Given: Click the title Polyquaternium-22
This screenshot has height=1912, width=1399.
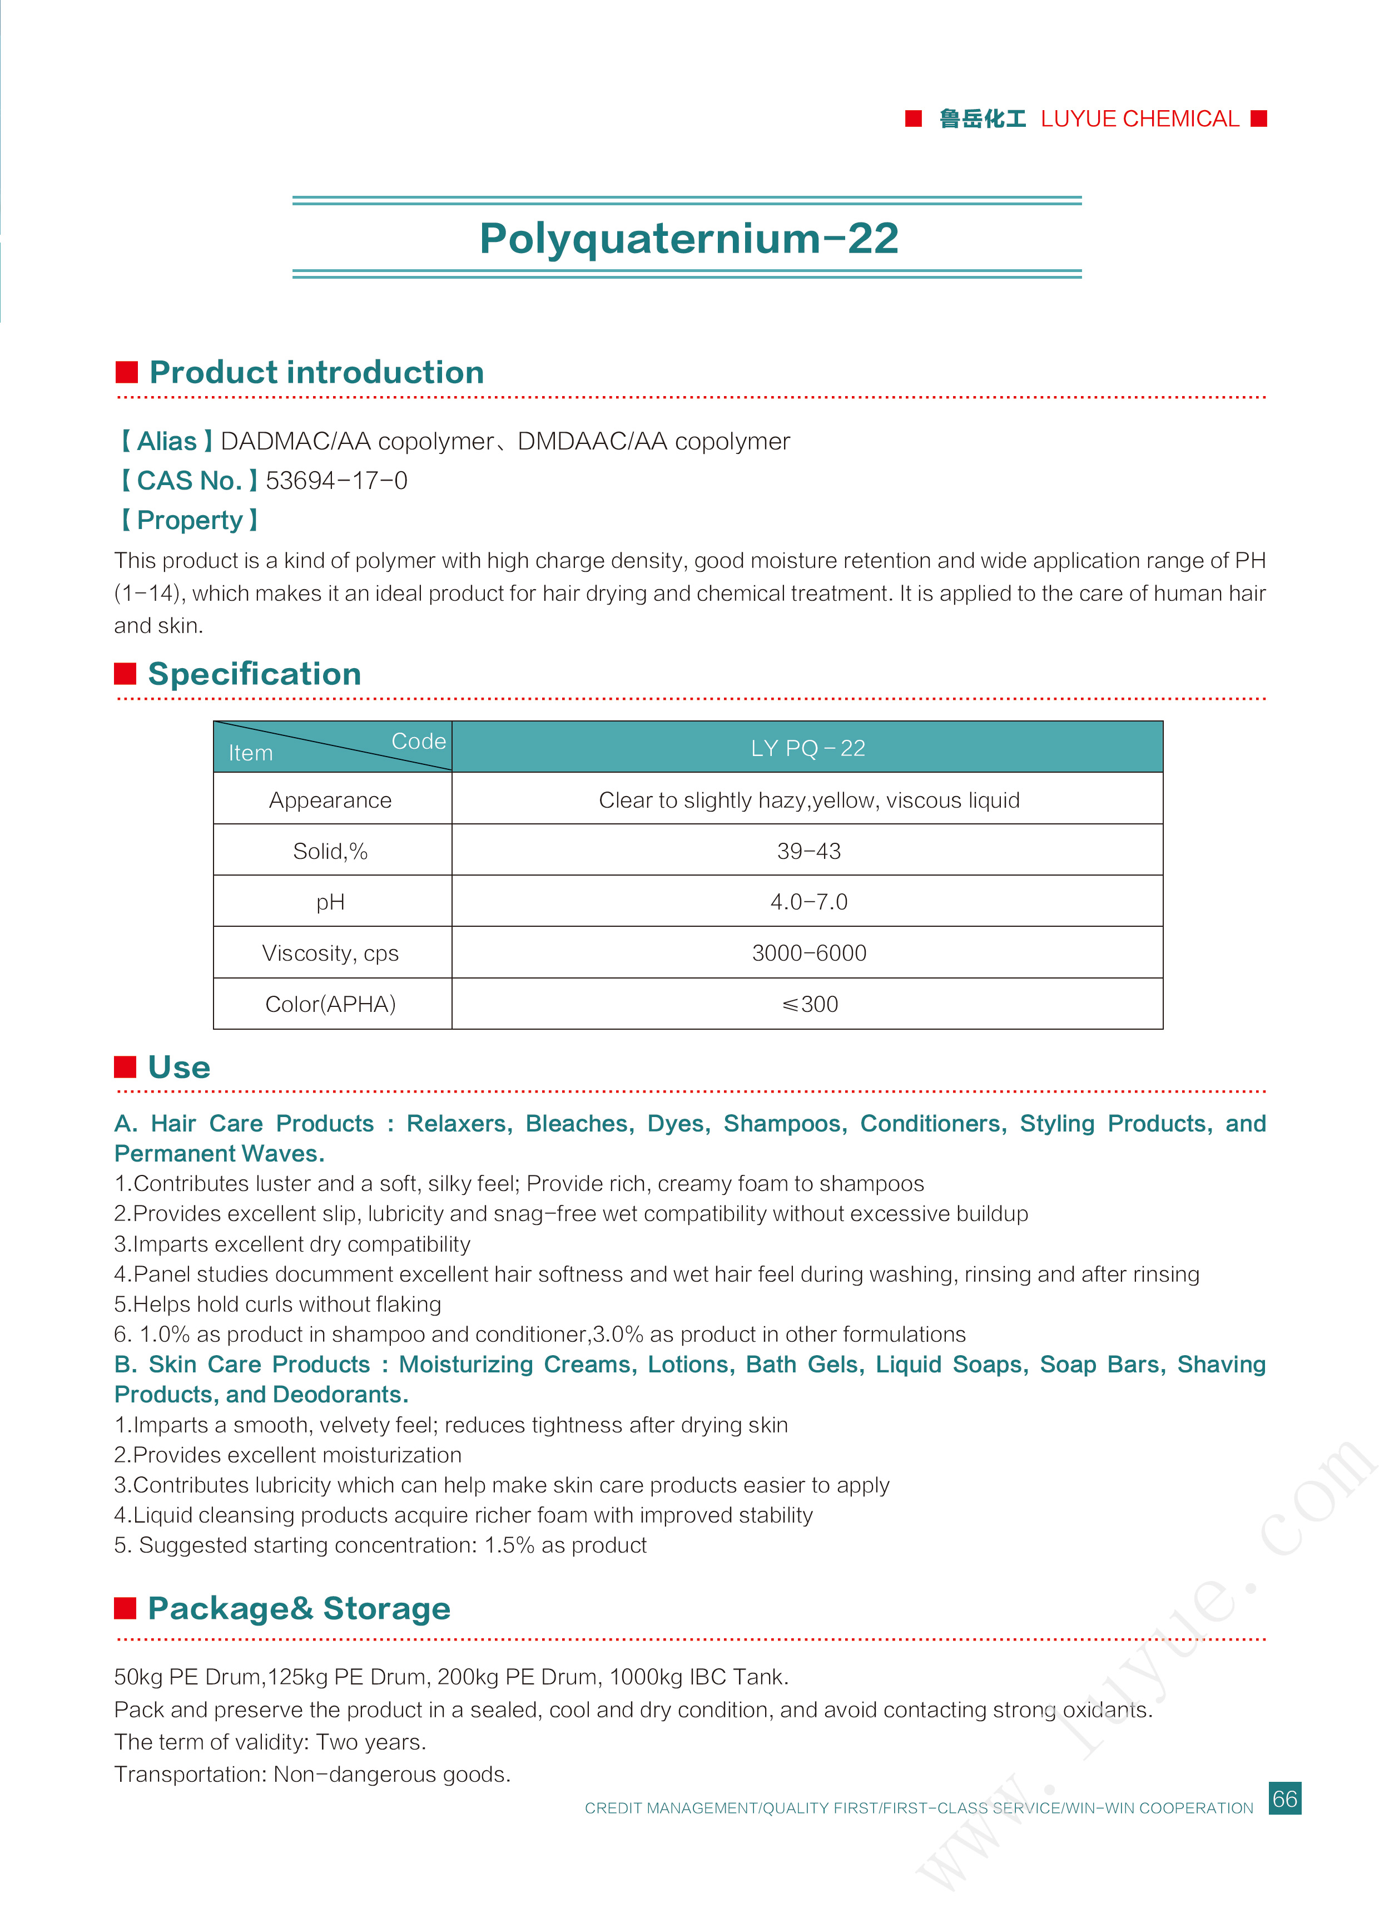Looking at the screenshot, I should point(688,238).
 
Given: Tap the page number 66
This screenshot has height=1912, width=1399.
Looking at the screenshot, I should point(1284,1799).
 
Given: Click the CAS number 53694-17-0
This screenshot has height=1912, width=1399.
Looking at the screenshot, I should point(336,481).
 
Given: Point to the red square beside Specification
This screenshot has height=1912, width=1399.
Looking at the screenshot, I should point(125,674).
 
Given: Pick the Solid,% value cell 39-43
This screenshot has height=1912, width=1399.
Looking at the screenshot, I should point(808,851).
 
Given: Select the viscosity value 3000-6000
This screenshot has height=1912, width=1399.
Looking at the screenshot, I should point(808,953).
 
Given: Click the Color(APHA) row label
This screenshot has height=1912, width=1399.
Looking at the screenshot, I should point(330,1004).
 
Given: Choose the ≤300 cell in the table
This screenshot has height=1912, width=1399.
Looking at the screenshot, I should point(808,1004).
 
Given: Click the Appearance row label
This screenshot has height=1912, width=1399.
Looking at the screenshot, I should point(330,800).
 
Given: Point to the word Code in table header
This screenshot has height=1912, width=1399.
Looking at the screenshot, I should point(418,741).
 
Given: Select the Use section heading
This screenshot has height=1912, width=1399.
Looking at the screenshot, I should point(178,1068).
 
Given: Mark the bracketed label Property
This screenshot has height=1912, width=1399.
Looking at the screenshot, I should point(189,520).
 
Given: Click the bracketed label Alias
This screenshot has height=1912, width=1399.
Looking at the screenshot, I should point(166,441).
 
